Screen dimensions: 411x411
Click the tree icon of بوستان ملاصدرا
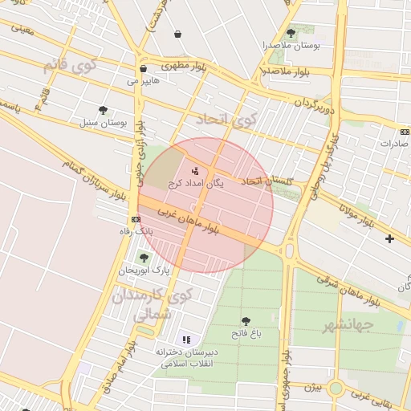tap(291, 34)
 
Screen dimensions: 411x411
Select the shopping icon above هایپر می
tap(143, 68)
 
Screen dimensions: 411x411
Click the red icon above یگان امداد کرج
tap(195, 170)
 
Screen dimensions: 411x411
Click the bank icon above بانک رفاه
tap(135, 219)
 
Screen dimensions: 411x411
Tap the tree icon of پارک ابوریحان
tap(144, 258)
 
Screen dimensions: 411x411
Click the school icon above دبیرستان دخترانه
tap(187, 340)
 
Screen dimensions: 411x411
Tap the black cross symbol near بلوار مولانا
tap(390, 238)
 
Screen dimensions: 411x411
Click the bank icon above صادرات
tap(404, 132)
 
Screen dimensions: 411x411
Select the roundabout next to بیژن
tap(336, 389)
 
